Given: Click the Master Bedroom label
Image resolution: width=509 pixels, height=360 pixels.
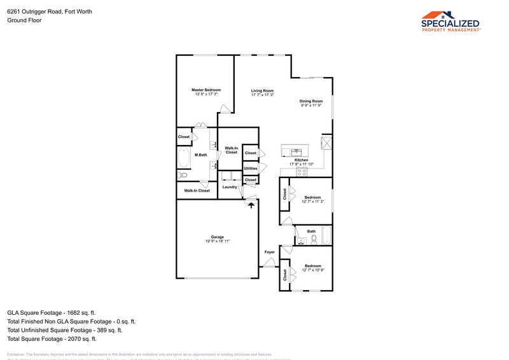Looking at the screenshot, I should [206, 90].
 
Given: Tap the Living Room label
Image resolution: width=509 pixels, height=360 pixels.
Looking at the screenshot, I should [262, 91].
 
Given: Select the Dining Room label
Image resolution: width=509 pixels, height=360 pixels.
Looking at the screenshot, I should [312, 101].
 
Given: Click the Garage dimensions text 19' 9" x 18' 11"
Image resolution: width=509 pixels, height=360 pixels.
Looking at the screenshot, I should [218, 242].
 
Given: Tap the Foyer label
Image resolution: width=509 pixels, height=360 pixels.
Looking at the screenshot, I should [270, 253].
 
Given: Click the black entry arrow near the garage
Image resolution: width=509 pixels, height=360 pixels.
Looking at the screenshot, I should [251, 205].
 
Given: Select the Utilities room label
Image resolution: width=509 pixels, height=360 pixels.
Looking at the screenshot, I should [251, 168].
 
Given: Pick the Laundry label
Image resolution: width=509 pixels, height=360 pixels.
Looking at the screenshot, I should [230, 187].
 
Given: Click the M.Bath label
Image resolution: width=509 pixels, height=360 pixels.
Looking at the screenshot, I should [200, 155].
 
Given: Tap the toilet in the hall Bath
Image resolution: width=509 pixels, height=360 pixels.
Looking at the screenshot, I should [313, 239].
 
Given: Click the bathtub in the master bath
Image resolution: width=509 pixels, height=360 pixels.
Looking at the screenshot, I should [183, 157].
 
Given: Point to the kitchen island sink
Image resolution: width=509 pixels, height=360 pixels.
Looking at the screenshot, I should [296, 151].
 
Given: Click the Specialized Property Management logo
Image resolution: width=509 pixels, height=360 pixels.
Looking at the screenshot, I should [451, 21].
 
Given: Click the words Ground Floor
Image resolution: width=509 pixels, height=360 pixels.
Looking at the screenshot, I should [24, 20].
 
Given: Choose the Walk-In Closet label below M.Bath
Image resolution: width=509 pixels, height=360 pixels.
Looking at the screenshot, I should [197, 191].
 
